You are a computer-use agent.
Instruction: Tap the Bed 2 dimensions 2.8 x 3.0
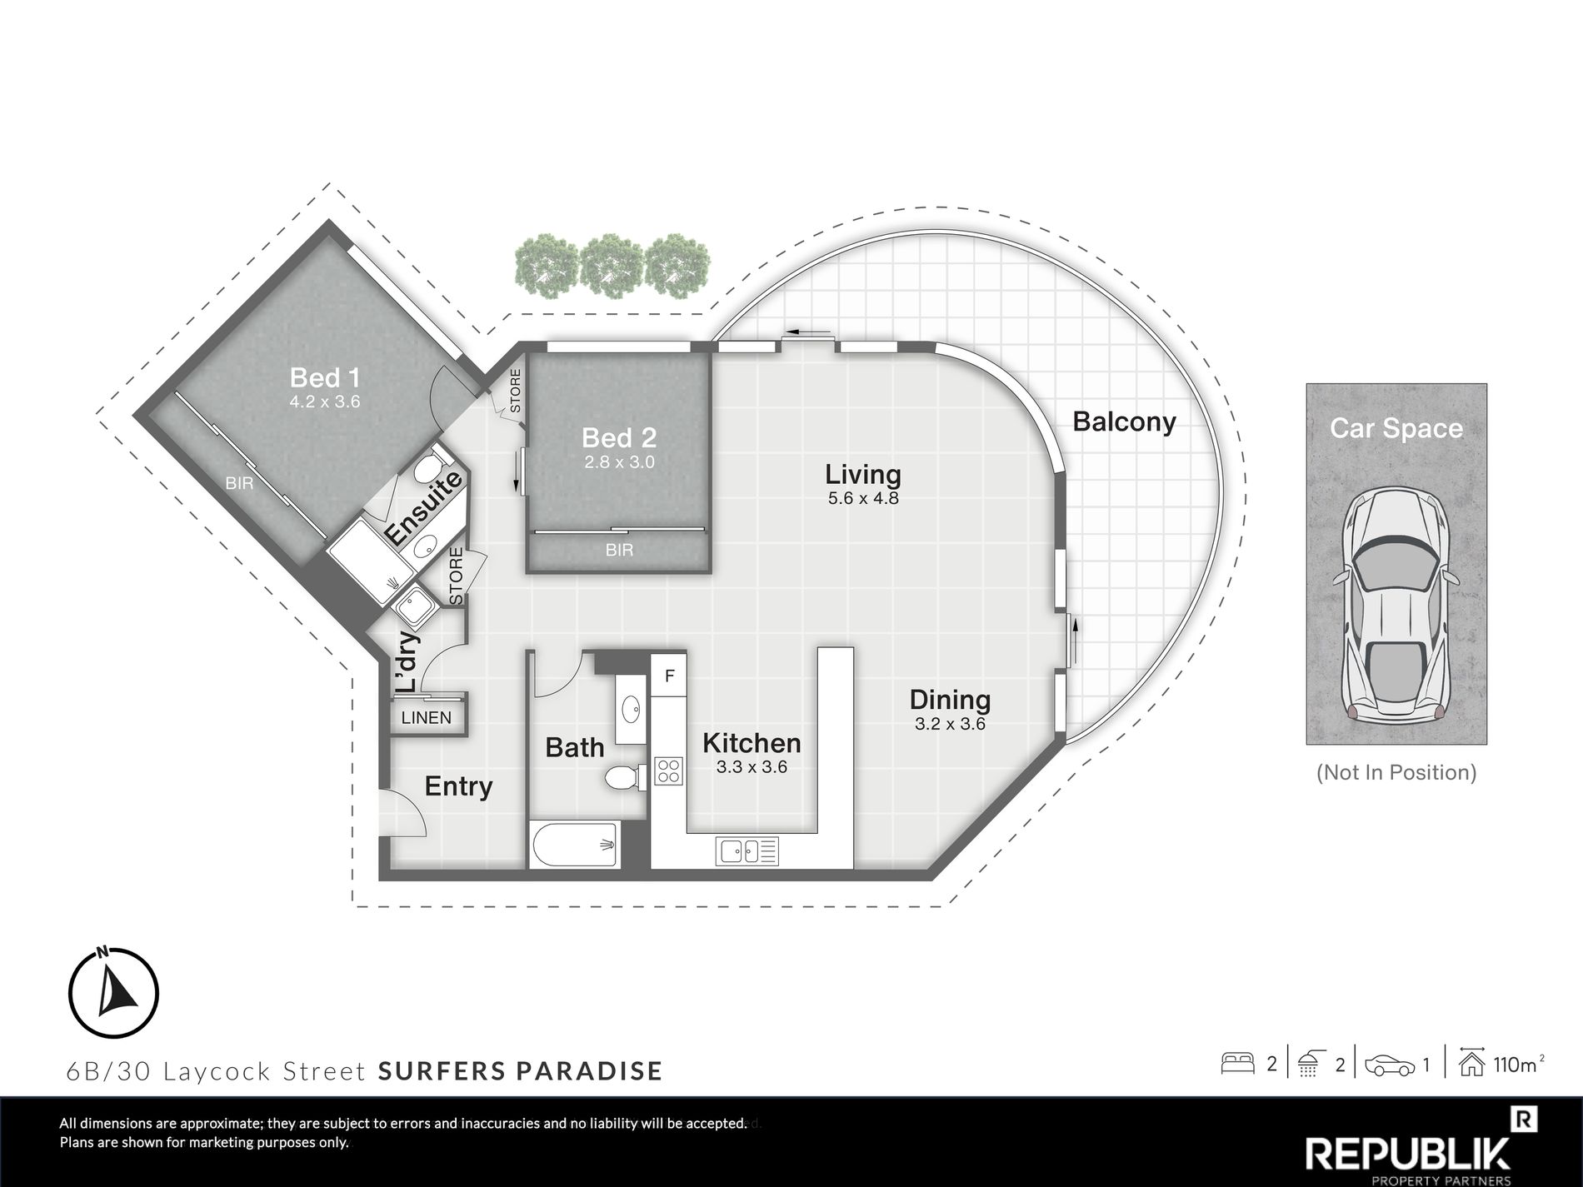[619, 461]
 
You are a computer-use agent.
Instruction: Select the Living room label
[863, 475]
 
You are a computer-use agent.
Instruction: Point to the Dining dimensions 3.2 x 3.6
[950, 724]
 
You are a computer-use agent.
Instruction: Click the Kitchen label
[752, 742]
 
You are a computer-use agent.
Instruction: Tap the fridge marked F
[669, 676]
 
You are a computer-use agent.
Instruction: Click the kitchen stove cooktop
[668, 771]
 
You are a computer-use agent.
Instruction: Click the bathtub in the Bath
[574, 845]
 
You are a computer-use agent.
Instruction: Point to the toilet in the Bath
[622, 778]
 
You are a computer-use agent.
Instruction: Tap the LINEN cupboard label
[427, 718]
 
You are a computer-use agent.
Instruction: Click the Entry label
[458, 786]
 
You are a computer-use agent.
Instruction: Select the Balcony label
[1124, 422]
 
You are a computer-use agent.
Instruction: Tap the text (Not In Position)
[1396, 772]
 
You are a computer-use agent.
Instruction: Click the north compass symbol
[113, 991]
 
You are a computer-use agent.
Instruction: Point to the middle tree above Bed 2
[614, 265]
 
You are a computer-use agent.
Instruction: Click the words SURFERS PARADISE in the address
[520, 1070]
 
